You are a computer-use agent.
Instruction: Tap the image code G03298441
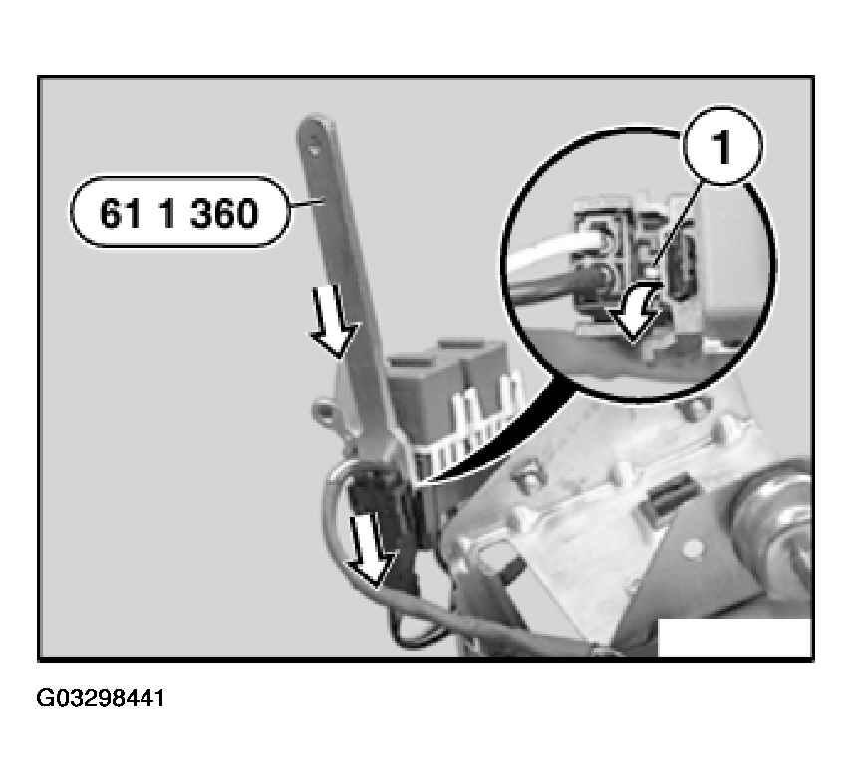tap(102, 698)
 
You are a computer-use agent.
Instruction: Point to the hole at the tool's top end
tap(318, 140)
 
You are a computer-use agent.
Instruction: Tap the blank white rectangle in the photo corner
tap(734, 638)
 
